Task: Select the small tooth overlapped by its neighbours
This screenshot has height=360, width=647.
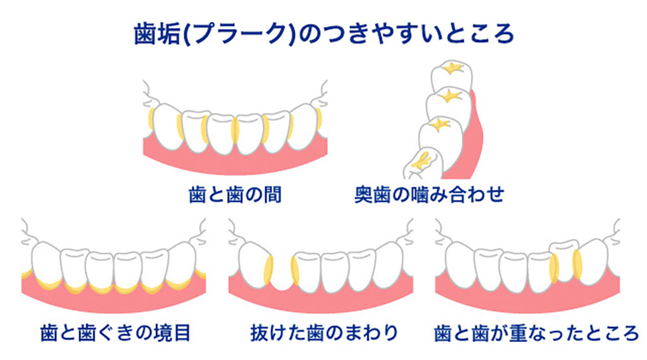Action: (x=564, y=259)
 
